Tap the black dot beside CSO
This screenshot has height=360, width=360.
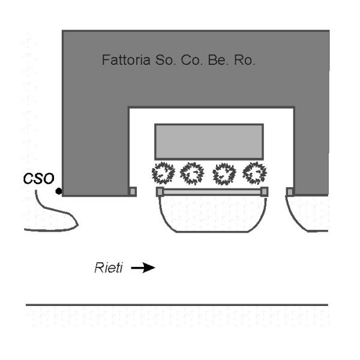point(58,191)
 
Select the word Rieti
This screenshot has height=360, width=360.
point(107,267)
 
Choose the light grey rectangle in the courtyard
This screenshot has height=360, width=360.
point(209,141)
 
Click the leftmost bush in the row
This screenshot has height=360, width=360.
point(163,173)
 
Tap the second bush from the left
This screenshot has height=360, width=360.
point(193,173)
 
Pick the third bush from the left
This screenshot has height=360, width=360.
point(224,173)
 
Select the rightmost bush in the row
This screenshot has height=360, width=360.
point(254,173)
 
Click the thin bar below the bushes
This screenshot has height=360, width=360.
point(212,191)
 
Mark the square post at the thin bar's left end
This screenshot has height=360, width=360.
point(160,191)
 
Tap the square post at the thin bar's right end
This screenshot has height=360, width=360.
point(264,191)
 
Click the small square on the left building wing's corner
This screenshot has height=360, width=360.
point(133,191)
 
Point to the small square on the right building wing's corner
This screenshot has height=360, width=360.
point(290,191)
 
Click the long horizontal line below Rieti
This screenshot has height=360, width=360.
point(177,305)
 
